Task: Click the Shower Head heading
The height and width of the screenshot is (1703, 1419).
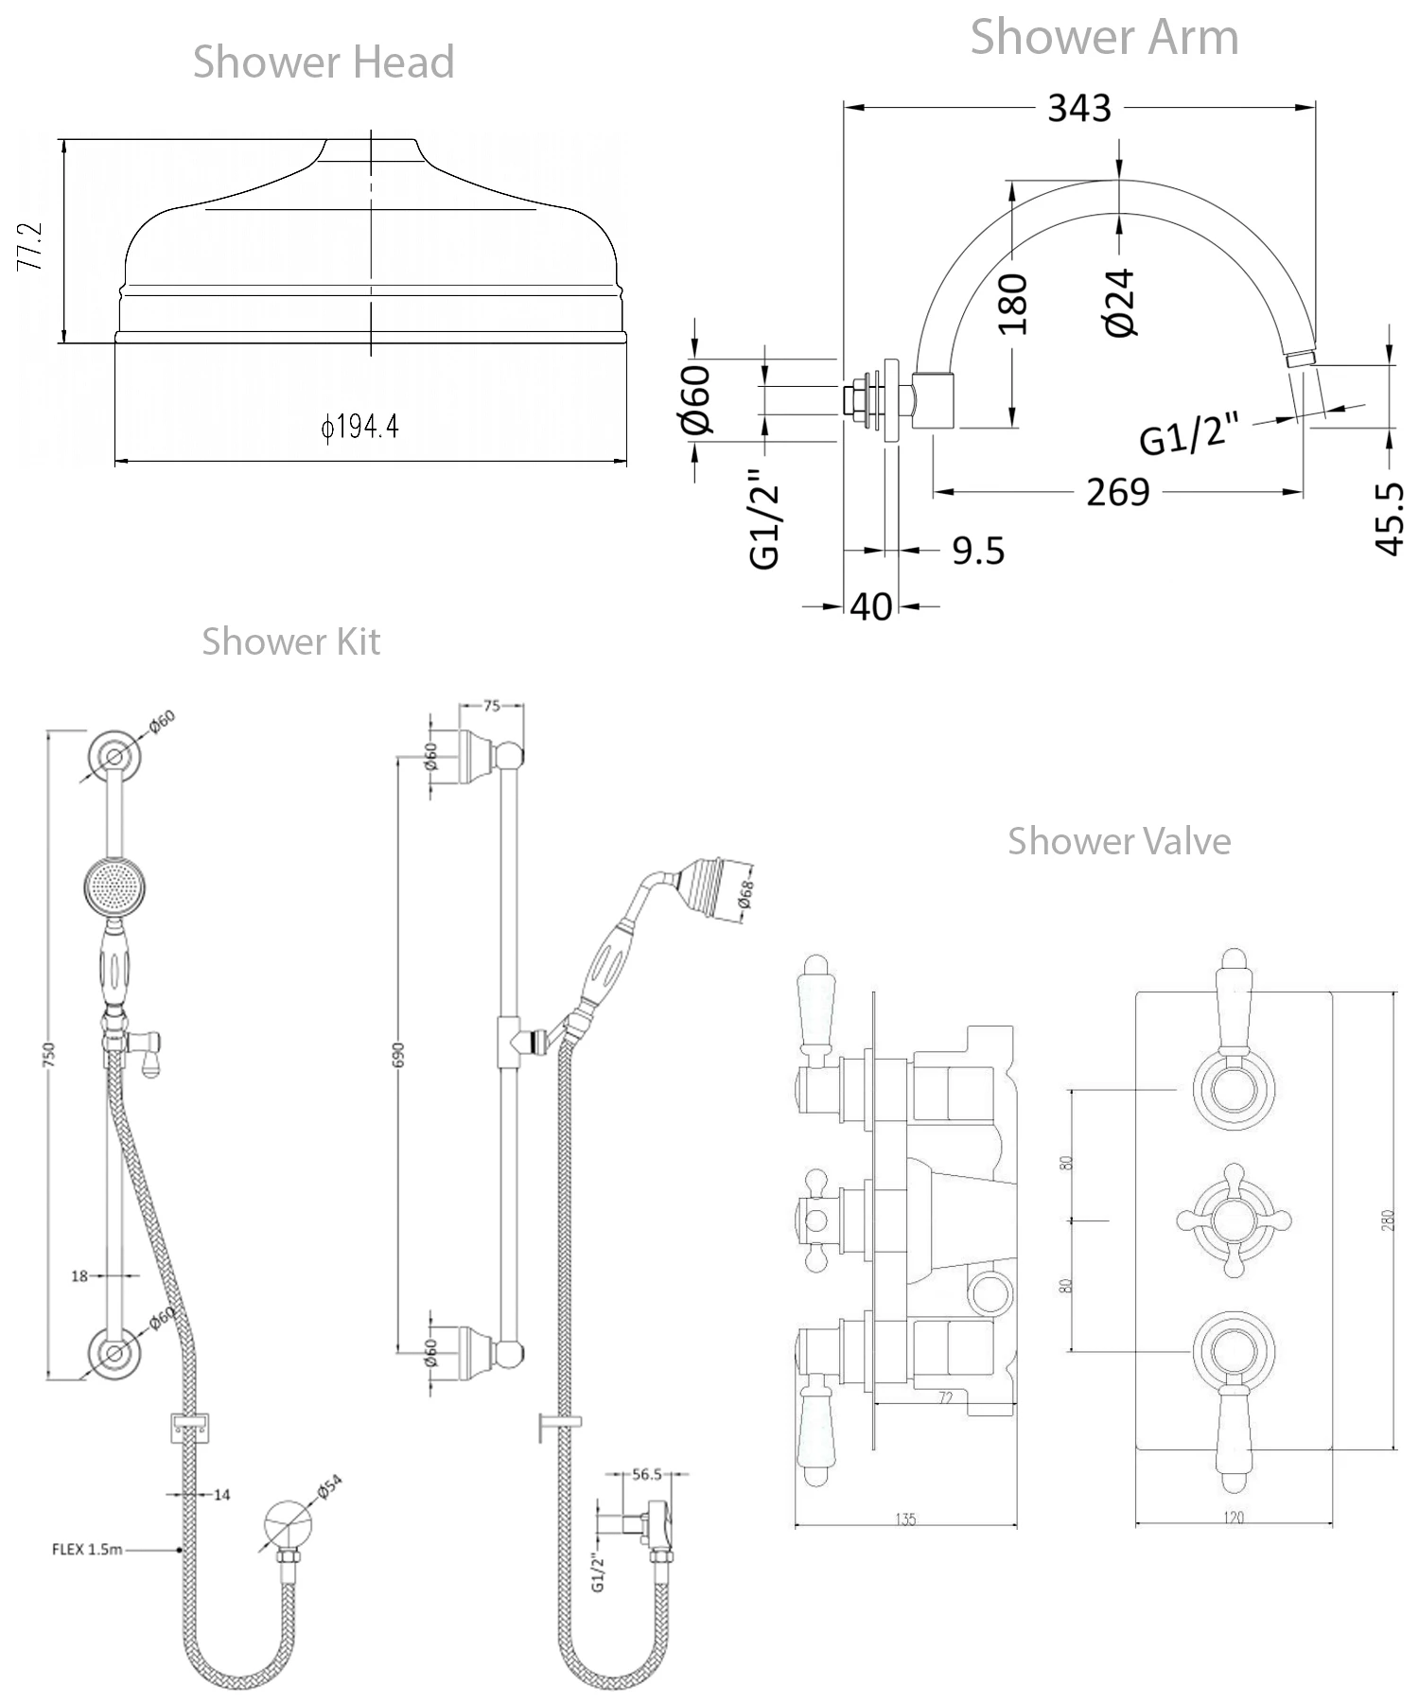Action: click(324, 62)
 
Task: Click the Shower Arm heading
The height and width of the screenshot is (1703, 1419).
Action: click(1104, 38)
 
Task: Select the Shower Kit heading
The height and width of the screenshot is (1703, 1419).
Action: click(290, 641)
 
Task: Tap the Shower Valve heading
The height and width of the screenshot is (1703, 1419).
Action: click(1119, 841)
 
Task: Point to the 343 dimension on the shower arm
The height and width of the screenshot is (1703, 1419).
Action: click(1078, 108)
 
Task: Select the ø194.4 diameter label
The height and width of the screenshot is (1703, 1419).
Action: click(359, 427)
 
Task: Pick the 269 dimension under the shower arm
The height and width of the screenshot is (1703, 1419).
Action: click(1117, 492)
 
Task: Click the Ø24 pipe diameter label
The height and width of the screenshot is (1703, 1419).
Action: click(1120, 302)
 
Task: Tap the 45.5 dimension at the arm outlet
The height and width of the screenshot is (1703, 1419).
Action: click(1389, 518)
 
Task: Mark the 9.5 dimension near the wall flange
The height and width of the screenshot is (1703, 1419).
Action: click(978, 550)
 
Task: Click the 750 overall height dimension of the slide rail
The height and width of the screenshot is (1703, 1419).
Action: click(49, 1055)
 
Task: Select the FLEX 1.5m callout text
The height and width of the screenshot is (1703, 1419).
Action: click(87, 1550)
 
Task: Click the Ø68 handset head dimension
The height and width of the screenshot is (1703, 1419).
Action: click(746, 894)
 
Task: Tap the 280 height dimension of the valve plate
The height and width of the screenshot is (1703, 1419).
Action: click(1387, 1221)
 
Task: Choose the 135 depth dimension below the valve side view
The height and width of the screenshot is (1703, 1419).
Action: click(905, 1519)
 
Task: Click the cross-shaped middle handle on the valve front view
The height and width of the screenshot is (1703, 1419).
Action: click(1234, 1221)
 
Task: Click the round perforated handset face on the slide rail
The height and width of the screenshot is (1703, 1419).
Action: click(114, 887)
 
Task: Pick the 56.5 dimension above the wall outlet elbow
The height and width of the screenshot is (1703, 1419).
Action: click(647, 1474)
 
